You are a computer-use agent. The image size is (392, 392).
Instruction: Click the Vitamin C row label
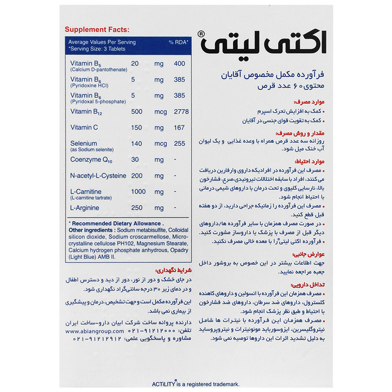pos(85,127)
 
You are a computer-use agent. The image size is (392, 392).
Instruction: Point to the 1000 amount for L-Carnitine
pos(139,192)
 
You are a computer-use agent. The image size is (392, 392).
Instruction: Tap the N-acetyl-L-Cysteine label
pos(98,176)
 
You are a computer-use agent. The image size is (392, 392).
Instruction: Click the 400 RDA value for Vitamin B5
pos(180,63)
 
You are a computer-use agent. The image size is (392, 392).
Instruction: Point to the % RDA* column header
pos(179,42)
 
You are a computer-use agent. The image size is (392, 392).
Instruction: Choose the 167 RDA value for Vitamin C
pos(180,127)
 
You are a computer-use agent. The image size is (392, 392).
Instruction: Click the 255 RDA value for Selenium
pos(180,144)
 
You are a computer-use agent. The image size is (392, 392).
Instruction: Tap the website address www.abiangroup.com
pos(95,331)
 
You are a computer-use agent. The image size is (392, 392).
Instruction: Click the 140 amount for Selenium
pos(136,144)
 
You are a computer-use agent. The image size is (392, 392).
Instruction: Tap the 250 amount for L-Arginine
pos(136,207)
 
